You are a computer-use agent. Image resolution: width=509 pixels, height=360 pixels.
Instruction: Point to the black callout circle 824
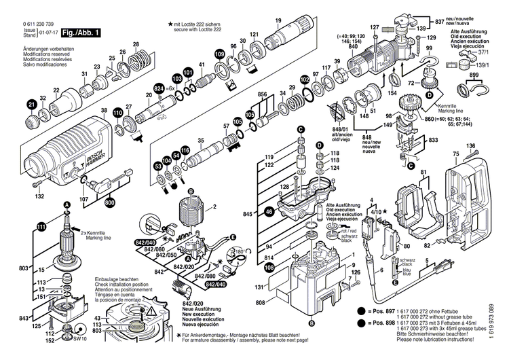point(159,89)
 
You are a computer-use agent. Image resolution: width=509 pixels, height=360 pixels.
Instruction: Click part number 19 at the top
point(278,20)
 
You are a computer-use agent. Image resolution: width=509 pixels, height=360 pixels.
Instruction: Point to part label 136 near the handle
point(470,145)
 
